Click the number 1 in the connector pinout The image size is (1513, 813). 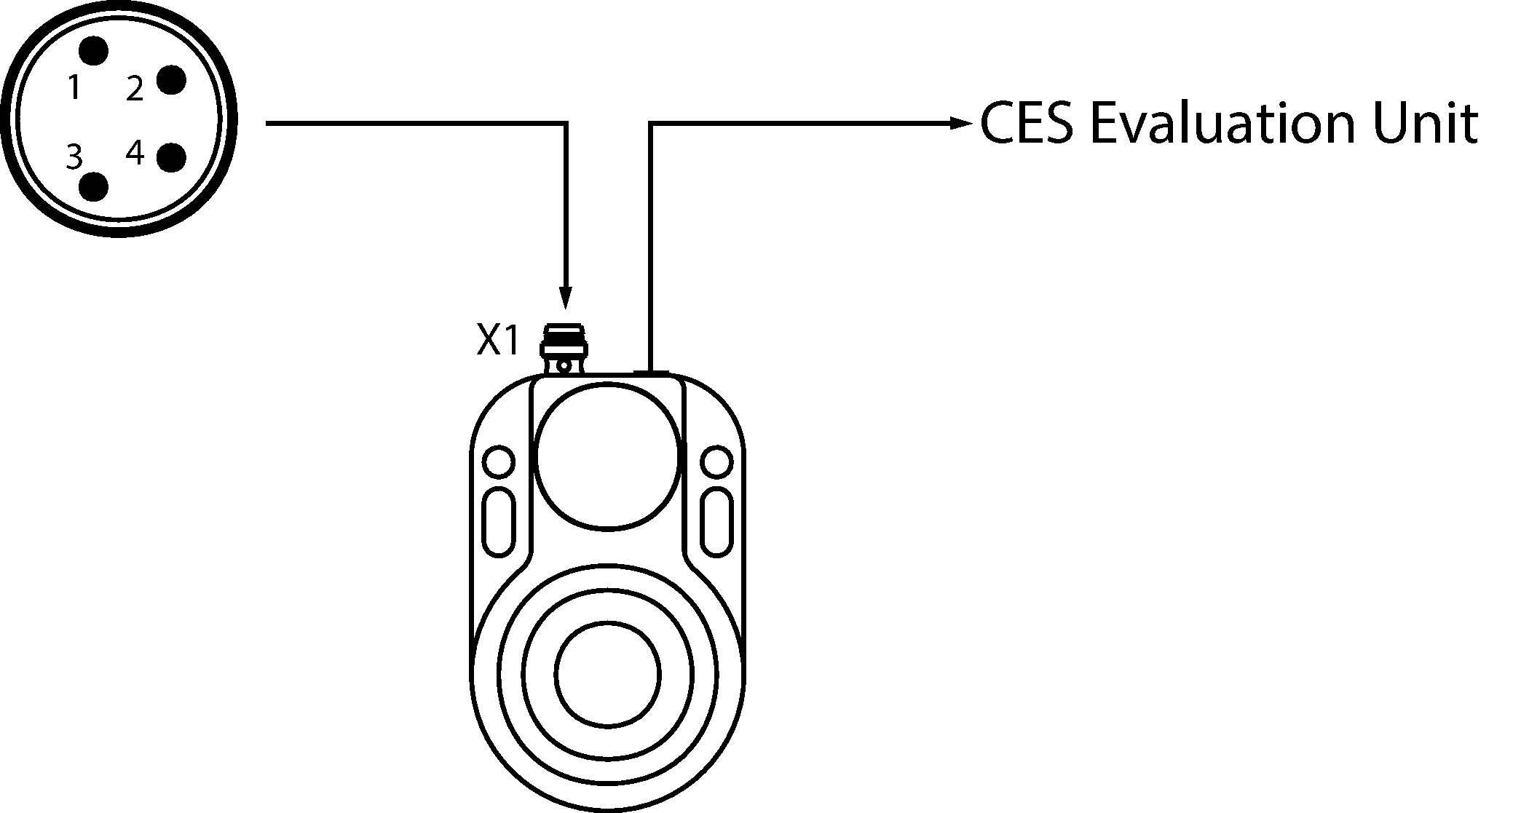[74, 87]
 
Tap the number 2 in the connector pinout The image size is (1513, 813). [135, 89]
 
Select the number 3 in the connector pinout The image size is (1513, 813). [74, 156]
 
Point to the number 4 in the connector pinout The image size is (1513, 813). [135, 153]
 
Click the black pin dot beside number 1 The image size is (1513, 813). [93, 52]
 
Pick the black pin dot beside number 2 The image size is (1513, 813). [172, 79]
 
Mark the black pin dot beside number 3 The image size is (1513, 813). [93, 186]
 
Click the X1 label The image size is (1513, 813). [499, 340]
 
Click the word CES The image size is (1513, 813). [1026, 123]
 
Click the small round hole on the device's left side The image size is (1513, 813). [498, 461]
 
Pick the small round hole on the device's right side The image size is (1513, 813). [716, 461]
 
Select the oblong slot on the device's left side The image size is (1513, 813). [498, 522]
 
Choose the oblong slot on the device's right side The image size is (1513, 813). [716, 522]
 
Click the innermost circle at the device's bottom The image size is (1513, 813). [608, 673]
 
